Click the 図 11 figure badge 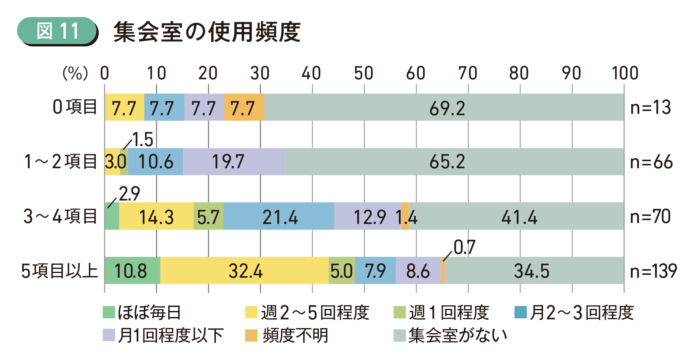pyautogui.click(x=57, y=31)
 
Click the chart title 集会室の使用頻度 pyautogui.click(x=207, y=32)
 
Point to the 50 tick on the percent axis pyautogui.click(x=364, y=73)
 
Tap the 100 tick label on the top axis pyautogui.click(x=624, y=73)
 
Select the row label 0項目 pyautogui.click(x=75, y=107)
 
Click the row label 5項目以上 pyautogui.click(x=59, y=271)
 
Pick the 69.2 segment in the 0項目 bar pyautogui.click(x=447, y=108)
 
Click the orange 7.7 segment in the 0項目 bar pyautogui.click(x=244, y=108)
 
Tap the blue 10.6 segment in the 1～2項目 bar pyautogui.click(x=155, y=162)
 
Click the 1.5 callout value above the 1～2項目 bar pyautogui.click(x=143, y=139)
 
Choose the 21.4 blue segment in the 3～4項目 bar pyautogui.click(x=279, y=217)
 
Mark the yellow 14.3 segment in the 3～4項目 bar pyautogui.click(x=156, y=217)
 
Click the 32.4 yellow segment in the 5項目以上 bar pyautogui.click(x=245, y=271)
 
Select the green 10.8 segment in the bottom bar pyautogui.click(x=132, y=271)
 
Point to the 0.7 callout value pyautogui.click(x=465, y=248)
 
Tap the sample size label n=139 pyautogui.click(x=653, y=271)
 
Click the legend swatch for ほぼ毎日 pyautogui.click(x=109, y=312)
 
